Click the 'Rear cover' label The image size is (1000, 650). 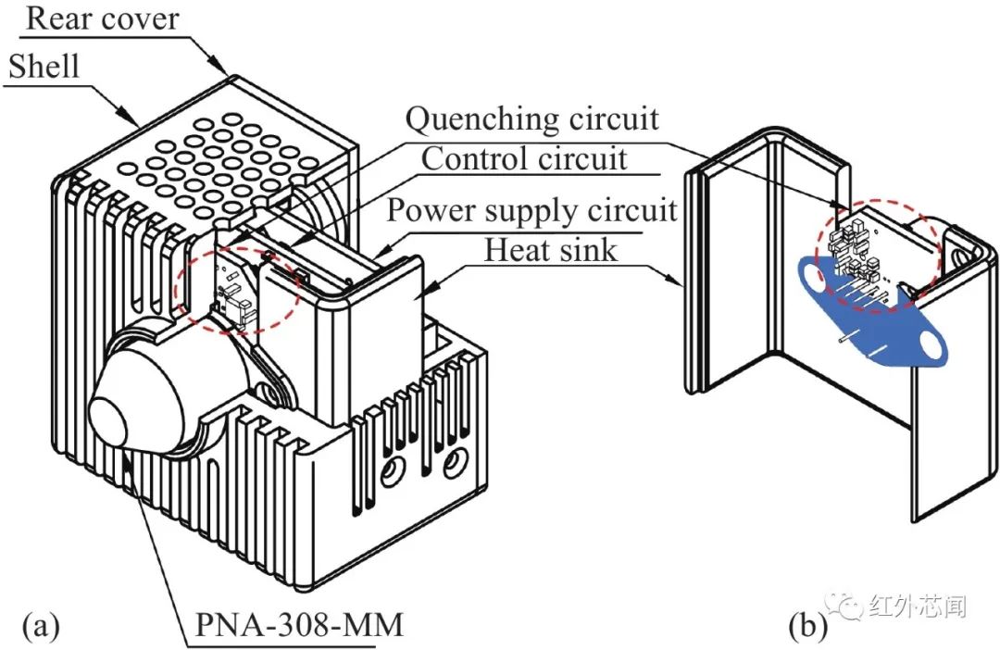102,19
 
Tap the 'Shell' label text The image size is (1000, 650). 44,67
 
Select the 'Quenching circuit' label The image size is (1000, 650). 532,119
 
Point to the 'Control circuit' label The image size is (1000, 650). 524,158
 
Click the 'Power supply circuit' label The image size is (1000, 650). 531,210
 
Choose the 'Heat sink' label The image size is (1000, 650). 551,249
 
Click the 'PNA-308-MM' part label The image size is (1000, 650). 299,624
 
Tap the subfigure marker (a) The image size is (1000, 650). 41,626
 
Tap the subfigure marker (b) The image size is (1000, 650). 807,626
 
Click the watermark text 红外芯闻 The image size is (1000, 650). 918,606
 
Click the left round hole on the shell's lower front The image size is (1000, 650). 391,472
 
